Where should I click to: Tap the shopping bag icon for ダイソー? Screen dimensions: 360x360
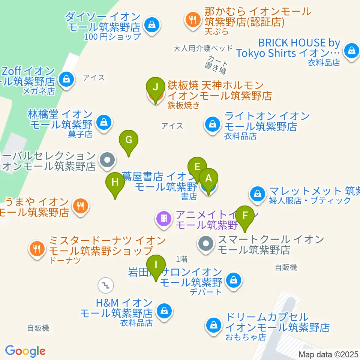(x=151, y=25)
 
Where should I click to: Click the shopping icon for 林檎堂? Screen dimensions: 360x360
(x=103, y=121)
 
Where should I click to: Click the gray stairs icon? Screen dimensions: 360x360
(x=105, y=285)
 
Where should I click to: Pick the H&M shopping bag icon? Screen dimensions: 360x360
(x=164, y=310)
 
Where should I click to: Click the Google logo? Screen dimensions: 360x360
(x=25, y=351)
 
